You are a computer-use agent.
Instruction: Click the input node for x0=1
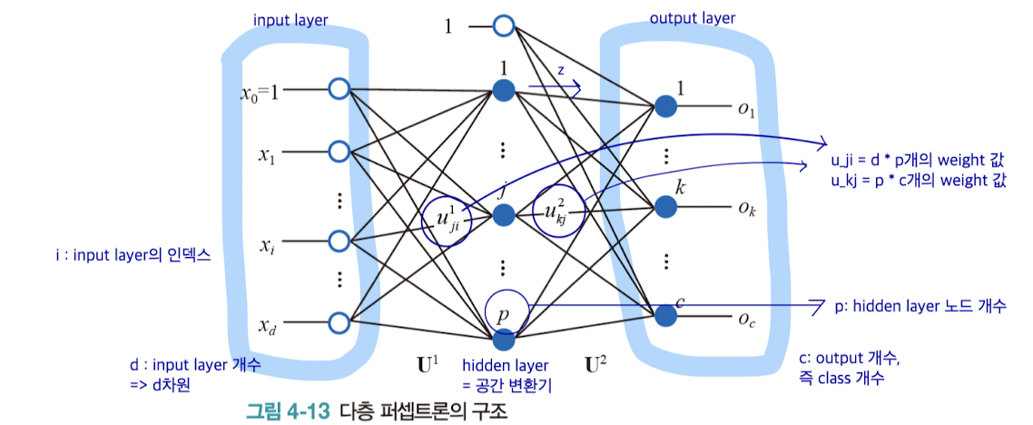[339, 89]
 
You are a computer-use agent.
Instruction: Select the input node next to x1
[339, 150]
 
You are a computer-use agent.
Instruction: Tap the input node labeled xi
[339, 242]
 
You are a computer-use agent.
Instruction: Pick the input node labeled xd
[339, 321]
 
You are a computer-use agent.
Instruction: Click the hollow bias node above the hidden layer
[504, 26]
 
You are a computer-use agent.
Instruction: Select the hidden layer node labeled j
[504, 215]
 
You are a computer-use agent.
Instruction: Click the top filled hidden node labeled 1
[504, 90]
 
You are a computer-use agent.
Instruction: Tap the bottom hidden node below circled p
[504, 341]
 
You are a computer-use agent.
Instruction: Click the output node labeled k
[666, 207]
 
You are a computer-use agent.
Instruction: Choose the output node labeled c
[666, 315]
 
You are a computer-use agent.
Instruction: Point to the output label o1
[746, 110]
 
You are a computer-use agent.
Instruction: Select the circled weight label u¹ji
[448, 221]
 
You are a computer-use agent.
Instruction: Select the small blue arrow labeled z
[555, 85]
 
